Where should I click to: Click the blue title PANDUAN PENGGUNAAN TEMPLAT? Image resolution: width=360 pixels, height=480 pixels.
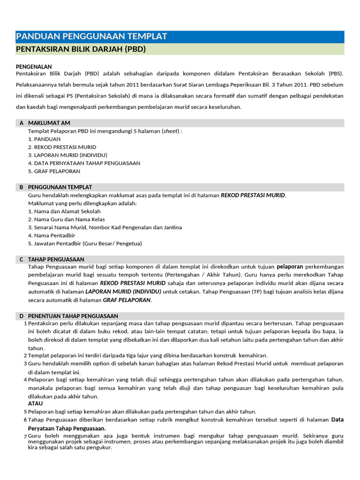pyautogui.click(x=91, y=37)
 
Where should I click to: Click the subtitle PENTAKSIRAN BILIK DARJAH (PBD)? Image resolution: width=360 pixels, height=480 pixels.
pyautogui.click(x=81, y=49)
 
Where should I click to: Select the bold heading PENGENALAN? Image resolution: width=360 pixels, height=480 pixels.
pyautogui.click(x=34, y=67)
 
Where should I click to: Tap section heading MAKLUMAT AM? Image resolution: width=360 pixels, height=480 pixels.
pyautogui.click(x=49, y=123)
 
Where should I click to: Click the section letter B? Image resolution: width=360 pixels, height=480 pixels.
pyautogui.click(x=22, y=187)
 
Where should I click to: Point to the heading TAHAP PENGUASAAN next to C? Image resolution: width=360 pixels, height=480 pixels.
pyautogui.click(x=56, y=259)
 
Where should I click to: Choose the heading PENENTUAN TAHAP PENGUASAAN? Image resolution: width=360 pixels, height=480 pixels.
pyautogui.click(x=73, y=316)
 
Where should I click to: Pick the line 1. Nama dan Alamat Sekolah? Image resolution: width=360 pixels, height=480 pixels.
pyautogui.click(x=64, y=211)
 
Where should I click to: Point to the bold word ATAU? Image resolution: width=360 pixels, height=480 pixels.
pyautogui.click(x=35, y=403)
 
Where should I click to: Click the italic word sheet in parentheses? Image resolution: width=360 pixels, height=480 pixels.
pyautogui.click(x=171, y=131)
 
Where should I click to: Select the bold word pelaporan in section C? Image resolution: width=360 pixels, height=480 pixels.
pyautogui.click(x=290, y=267)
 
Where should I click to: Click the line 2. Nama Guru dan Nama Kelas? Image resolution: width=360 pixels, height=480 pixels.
pyautogui.click(x=66, y=219)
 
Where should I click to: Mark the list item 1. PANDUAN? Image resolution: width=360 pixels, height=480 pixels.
pyautogui.click(x=44, y=139)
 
